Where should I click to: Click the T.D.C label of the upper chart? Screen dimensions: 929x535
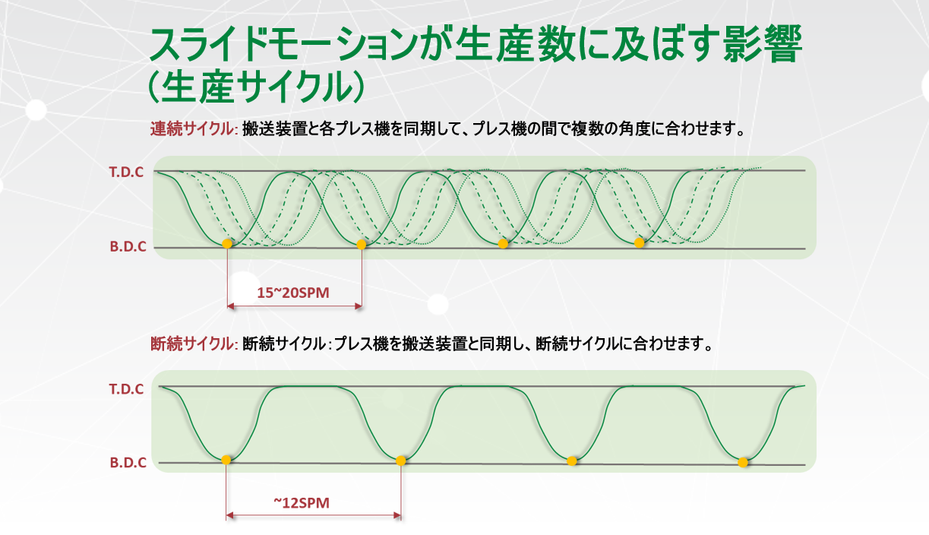click(126, 172)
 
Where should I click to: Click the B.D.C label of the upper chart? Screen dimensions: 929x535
click(128, 246)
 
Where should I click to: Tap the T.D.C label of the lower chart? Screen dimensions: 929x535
click(126, 389)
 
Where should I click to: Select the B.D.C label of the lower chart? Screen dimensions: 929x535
click(128, 462)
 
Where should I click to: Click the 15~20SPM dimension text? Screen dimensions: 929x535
click(293, 293)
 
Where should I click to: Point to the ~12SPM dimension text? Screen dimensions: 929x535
click(302, 503)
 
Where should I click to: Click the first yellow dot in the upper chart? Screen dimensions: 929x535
click(227, 244)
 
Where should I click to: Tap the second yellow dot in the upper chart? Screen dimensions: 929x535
click(362, 245)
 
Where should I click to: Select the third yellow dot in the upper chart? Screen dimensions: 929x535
click(503, 244)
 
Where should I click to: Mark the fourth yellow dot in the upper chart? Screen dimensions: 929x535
click(639, 243)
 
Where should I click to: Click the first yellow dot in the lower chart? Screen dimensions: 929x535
click(226, 460)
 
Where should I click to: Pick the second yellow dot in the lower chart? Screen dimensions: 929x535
click(400, 461)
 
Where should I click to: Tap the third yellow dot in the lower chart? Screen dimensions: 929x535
click(572, 461)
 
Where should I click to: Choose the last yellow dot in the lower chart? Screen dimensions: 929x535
click(743, 462)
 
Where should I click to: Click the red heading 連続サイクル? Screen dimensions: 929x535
click(191, 129)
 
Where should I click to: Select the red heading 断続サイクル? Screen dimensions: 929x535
click(191, 343)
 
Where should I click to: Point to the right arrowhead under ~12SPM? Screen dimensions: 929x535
click(397, 516)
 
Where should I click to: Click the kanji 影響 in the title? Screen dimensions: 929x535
click(763, 44)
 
